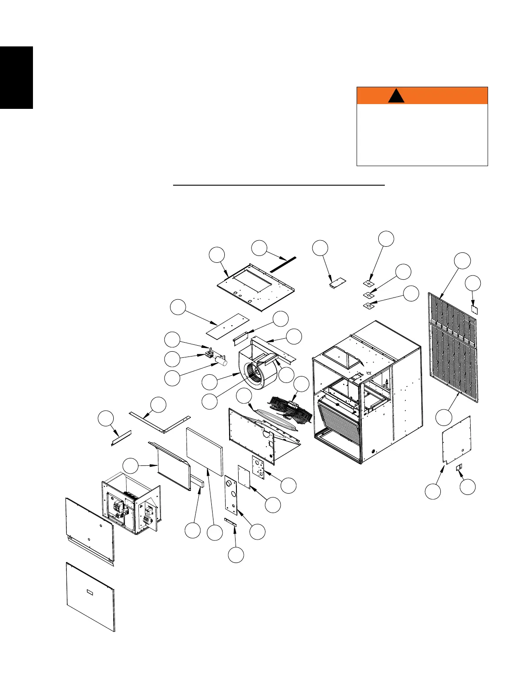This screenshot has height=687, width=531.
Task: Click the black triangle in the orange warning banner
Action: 396,96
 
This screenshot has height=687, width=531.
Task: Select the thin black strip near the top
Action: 283,264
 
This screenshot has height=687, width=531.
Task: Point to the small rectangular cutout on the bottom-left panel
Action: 90,592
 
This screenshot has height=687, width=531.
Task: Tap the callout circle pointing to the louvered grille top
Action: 462,261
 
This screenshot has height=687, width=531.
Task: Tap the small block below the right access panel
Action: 460,467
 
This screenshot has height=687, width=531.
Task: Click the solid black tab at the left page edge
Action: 16,78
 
